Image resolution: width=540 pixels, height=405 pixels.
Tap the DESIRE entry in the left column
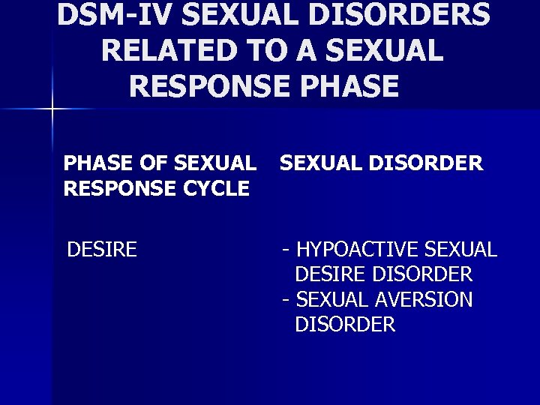[x=102, y=249]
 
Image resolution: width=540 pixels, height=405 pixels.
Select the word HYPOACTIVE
[x=358, y=249]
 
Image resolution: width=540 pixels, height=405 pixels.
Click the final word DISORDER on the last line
[x=345, y=325]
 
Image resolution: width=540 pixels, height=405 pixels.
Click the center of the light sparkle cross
[x=52, y=110]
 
